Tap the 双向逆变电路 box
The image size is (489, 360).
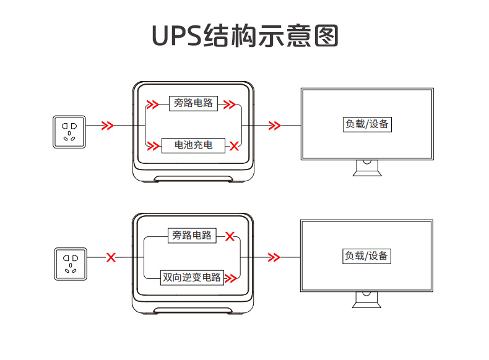191,277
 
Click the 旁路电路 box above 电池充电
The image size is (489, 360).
193,103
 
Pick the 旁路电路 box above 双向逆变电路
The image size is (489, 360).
192,236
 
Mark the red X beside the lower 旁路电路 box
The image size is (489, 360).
230,236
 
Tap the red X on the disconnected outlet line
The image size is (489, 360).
111,257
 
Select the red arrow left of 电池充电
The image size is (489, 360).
152,146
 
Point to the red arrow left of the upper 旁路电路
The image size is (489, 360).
152,104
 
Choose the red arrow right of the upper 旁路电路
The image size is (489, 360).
230,104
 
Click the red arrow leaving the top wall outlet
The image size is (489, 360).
108,126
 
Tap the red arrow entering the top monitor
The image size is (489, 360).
274,126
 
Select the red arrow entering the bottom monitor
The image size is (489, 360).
274,257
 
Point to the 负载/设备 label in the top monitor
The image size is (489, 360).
368,124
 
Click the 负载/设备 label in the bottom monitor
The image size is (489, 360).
368,255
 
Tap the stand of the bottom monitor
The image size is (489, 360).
368,300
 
